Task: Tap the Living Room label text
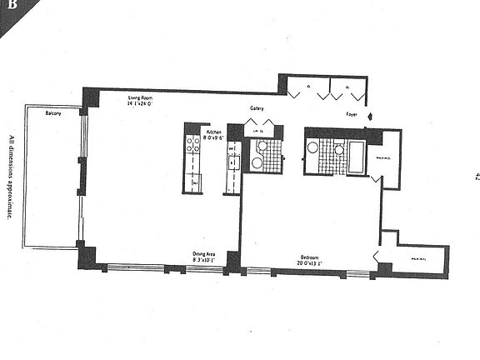[140, 98]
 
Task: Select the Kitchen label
[213, 132]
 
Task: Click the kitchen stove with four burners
[192, 145]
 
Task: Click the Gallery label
[257, 109]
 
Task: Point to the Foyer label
[352, 114]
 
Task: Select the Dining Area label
[205, 255]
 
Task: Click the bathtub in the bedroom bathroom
[356, 157]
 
